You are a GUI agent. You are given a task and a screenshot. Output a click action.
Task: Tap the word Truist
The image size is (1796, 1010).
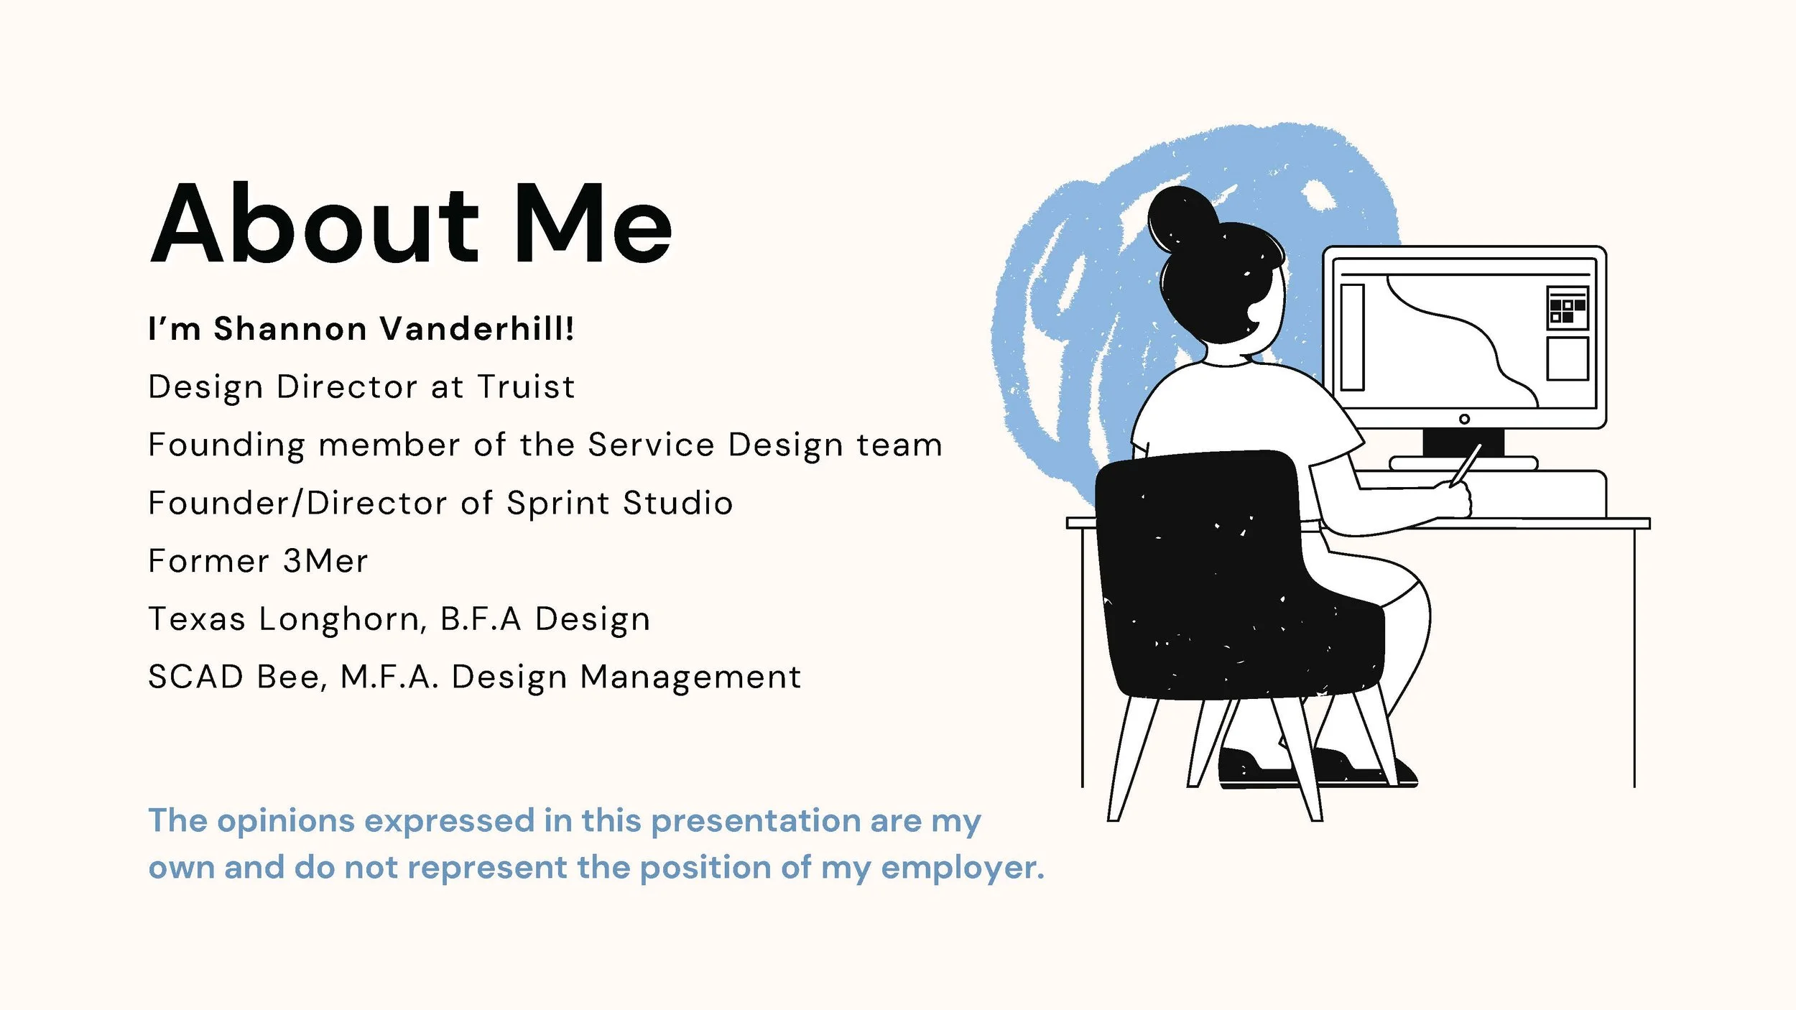[527, 387]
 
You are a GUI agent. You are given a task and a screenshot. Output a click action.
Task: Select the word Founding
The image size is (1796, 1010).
[226, 445]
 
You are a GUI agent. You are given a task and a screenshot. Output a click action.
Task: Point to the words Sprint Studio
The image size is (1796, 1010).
[619, 503]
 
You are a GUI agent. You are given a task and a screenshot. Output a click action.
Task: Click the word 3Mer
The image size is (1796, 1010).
[325, 561]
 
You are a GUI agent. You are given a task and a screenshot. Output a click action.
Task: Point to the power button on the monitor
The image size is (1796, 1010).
[1464, 419]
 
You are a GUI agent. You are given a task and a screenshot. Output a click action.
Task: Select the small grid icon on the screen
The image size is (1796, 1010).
[1567, 309]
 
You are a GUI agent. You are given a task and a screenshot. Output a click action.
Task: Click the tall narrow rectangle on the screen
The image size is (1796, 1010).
[1352, 337]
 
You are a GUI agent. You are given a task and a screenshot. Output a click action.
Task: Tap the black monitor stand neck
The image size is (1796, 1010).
[1463, 442]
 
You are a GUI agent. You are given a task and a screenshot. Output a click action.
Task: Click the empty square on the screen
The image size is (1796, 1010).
[1567, 358]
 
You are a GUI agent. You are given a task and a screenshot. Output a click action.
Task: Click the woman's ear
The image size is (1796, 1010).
[1259, 313]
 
